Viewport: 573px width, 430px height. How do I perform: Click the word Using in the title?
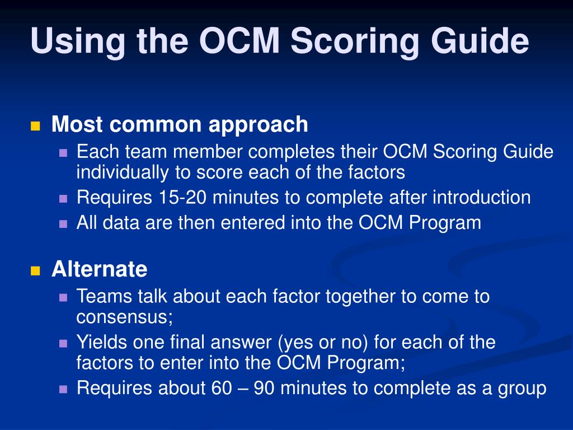coord(78,42)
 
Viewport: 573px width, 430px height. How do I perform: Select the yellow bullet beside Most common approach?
coord(35,126)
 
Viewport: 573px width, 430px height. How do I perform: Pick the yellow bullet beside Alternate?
coord(35,271)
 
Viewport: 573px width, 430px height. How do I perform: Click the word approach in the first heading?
coord(258,125)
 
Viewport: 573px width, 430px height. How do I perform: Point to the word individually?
coord(123,172)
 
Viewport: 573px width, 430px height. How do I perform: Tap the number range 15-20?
coord(182,198)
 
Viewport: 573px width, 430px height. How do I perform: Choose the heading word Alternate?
coord(100,269)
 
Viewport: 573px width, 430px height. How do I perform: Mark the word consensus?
coord(124,317)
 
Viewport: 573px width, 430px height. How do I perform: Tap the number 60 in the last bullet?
coord(222,388)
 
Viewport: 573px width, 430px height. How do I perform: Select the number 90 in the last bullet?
coord(264,388)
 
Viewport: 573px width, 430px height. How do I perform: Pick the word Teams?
coord(104,296)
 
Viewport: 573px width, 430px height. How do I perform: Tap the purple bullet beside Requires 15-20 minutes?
coord(63,199)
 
